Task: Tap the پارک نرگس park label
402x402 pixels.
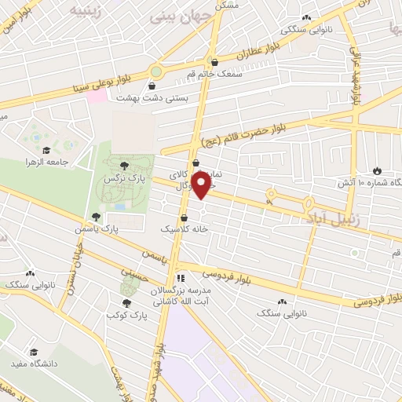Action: pyautogui.click(x=124, y=179)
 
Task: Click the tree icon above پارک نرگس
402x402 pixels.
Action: pyautogui.click(x=124, y=164)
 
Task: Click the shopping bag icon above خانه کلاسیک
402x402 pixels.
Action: pyautogui.click(x=184, y=217)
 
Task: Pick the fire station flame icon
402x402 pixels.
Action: pyautogui.click(x=378, y=170)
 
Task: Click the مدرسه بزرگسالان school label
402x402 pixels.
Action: pyautogui.click(x=183, y=291)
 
